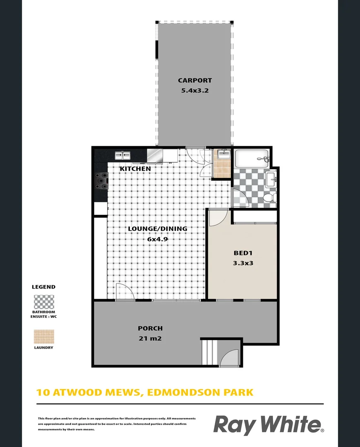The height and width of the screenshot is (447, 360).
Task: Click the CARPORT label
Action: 194,81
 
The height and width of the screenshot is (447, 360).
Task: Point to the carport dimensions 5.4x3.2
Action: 194,90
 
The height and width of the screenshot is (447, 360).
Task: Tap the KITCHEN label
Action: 135,169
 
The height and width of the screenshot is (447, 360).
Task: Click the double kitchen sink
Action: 122,156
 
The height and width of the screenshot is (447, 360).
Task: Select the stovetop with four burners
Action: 101,180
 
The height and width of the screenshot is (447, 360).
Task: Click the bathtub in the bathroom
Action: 252,158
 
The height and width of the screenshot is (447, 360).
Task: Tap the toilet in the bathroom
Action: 269,198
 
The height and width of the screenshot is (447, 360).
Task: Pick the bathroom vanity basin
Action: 271,179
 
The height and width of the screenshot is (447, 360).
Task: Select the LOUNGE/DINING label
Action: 158,228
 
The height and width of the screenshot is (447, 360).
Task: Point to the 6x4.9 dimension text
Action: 158,239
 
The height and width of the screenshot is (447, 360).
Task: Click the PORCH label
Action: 150,328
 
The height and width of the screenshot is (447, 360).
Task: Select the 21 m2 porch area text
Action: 150,339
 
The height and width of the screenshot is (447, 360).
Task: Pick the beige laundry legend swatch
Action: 43,336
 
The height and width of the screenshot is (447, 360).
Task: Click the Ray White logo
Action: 268,425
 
